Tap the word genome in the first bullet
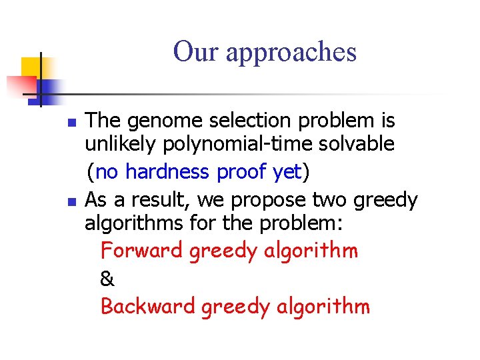point(162,121)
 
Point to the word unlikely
point(118,144)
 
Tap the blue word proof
point(243,172)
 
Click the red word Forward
point(141,251)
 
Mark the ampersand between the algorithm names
point(107,279)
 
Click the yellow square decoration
point(31,67)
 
